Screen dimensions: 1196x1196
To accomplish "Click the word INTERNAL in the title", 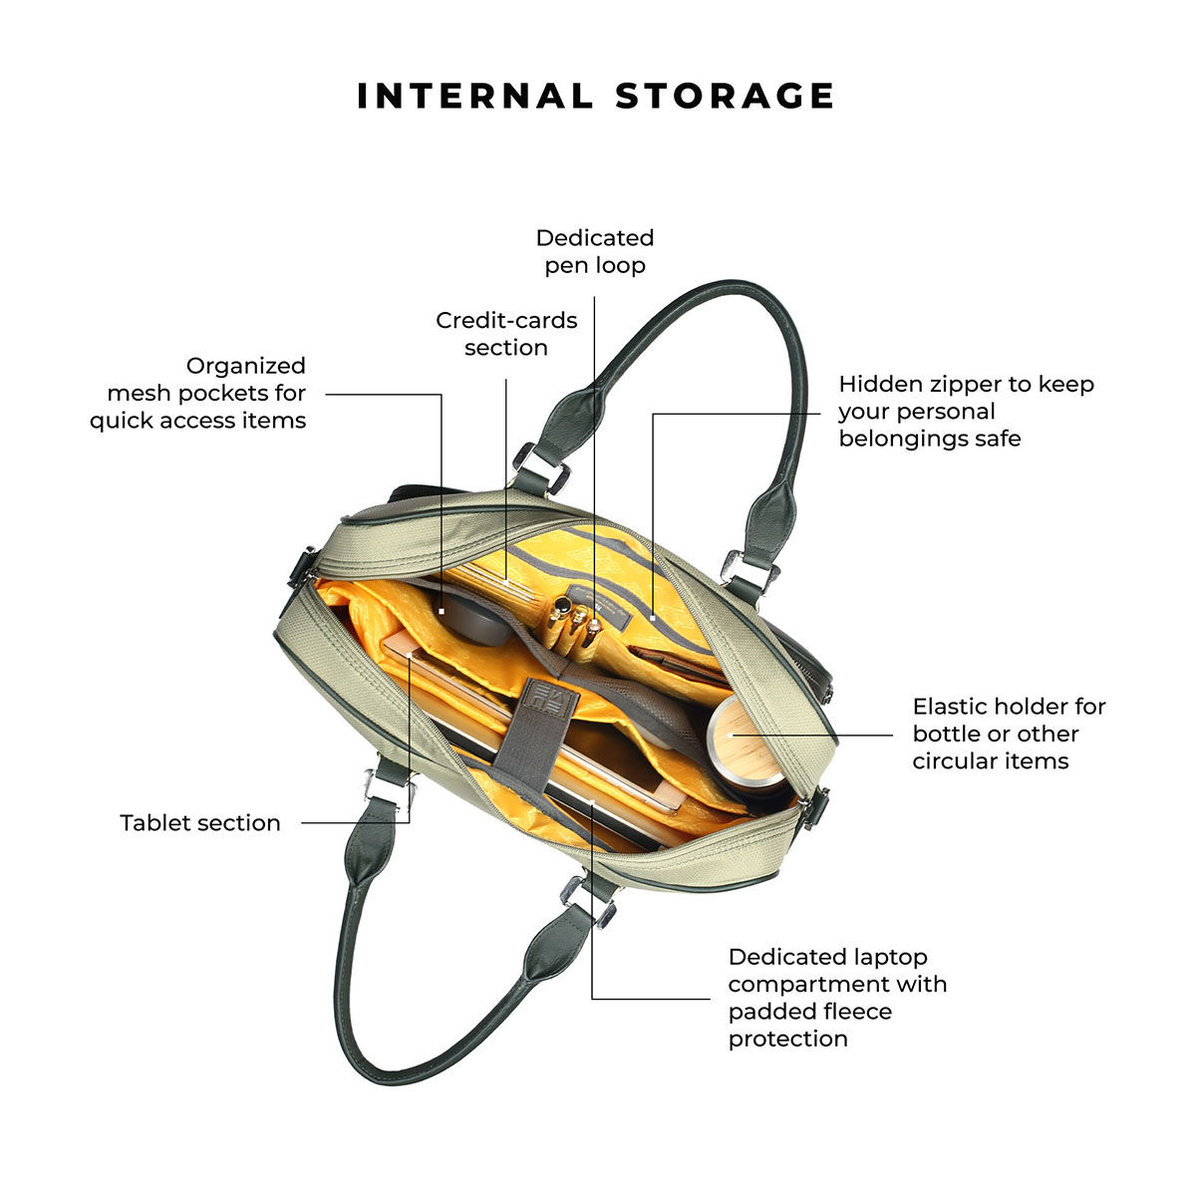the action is point(474,97).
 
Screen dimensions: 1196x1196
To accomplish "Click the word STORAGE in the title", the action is point(725,97).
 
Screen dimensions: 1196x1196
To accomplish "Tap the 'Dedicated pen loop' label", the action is point(595,251).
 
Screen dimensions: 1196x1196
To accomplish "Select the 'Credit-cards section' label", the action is point(506,334).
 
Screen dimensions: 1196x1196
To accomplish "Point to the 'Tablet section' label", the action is point(200,823).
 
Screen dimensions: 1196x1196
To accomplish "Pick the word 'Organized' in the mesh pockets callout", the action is point(246,366).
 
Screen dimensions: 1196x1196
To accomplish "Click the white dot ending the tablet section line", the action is point(410,655).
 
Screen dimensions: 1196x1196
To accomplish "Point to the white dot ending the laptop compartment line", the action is point(592,802).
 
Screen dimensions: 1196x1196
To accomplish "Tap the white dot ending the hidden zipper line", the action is point(652,618).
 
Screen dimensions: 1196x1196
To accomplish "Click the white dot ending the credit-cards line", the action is point(506,582).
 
